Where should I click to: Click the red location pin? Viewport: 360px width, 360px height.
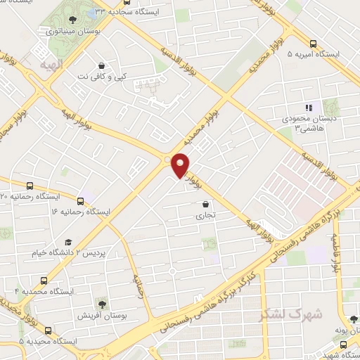181,165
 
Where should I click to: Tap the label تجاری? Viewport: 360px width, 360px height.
205,216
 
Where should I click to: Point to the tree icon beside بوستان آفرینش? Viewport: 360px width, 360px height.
103,304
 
